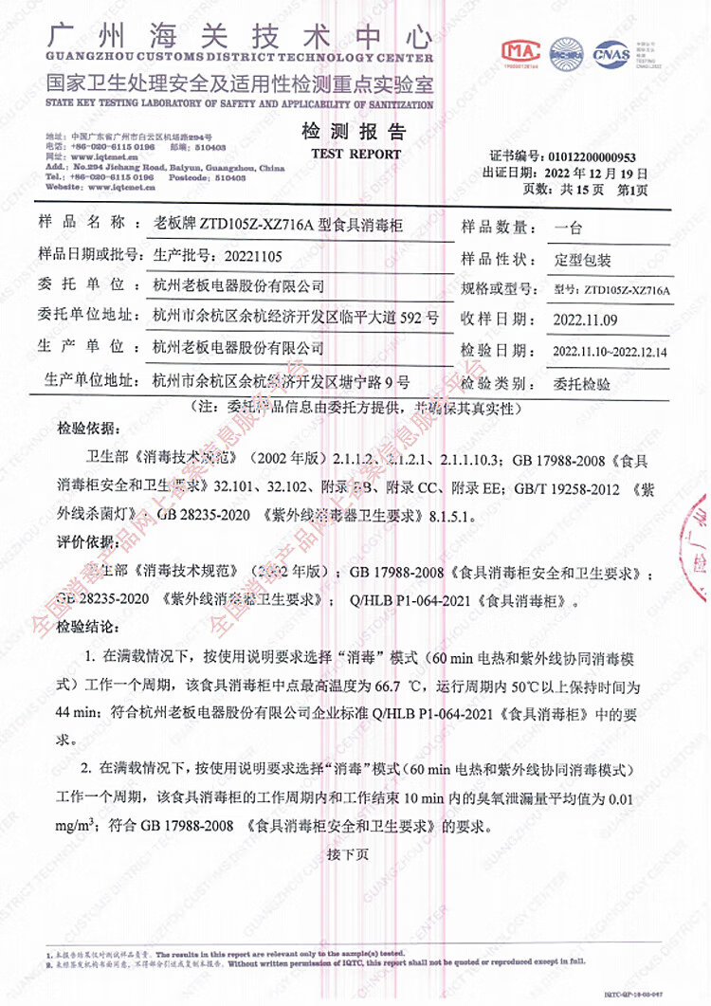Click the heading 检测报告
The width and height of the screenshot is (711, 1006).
click(340, 131)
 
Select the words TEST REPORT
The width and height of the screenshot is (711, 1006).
click(342, 153)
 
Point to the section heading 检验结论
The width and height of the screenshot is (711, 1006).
click(89, 629)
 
